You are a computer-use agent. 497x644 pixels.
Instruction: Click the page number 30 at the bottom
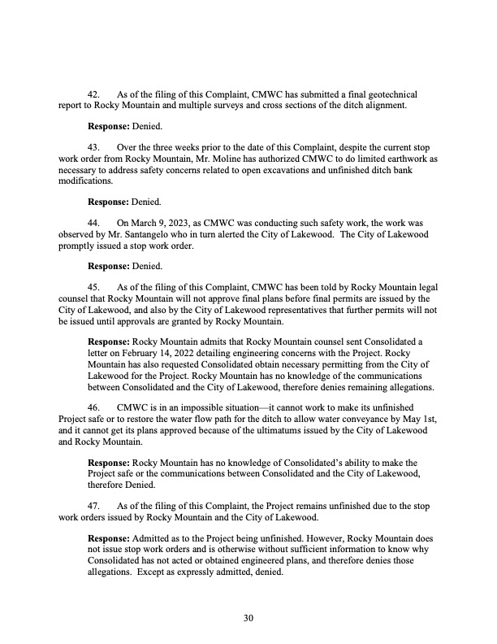point(248,619)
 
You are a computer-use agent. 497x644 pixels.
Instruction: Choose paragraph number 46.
point(94,406)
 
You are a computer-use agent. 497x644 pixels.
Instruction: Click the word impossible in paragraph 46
point(196,406)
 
